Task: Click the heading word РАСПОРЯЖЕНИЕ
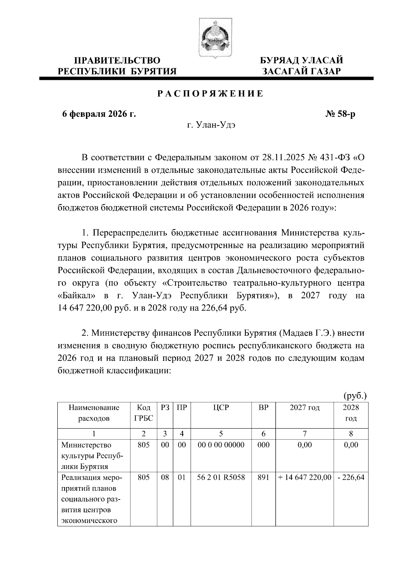pyautogui.click(x=211, y=94)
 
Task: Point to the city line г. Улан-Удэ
pyautogui.click(x=212, y=125)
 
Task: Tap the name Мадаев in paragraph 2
pyautogui.click(x=295, y=333)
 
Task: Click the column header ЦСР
pyautogui.click(x=221, y=408)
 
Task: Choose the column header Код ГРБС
pyautogui.click(x=143, y=413)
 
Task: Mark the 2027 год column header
pyautogui.click(x=305, y=408)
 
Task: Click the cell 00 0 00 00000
pyautogui.click(x=221, y=445)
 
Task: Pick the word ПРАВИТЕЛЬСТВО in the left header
pyautogui.click(x=117, y=61)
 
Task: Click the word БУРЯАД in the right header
pyautogui.click(x=280, y=61)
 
